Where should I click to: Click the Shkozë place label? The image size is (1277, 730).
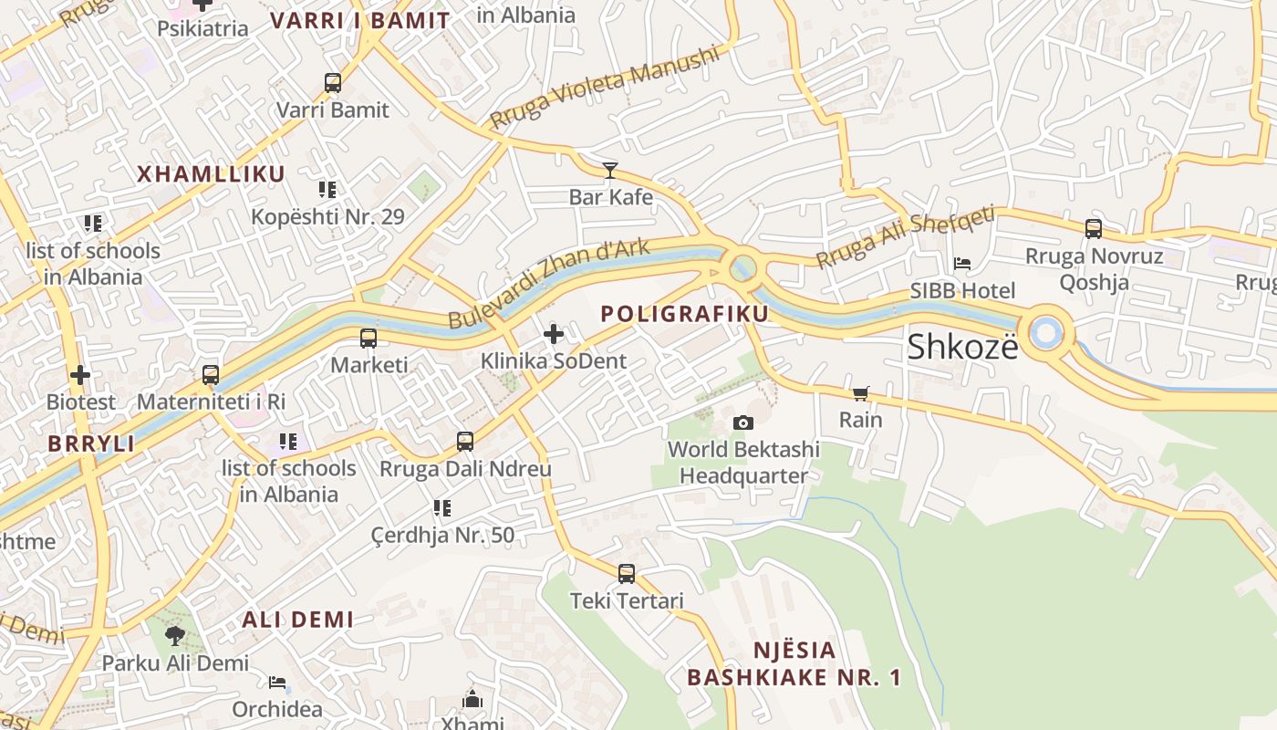point(962,347)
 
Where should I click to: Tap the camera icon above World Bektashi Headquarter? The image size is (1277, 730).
point(743,422)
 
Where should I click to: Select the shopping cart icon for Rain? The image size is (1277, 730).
point(860,393)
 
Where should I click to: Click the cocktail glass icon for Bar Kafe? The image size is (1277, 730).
point(610,170)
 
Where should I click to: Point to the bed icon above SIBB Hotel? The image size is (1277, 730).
point(962,264)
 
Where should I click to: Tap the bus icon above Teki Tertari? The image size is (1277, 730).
point(626,574)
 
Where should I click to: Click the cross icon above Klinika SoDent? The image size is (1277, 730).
point(554,334)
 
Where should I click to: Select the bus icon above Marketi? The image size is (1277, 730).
point(369,339)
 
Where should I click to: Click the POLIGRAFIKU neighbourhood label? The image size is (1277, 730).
point(684,314)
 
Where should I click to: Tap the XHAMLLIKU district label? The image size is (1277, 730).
point(211,174)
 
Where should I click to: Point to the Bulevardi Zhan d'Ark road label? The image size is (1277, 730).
point(549,283)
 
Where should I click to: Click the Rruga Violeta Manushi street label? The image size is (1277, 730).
point(604,88)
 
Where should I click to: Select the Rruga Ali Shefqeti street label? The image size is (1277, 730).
point(904,237)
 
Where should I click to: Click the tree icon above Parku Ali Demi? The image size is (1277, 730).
point(175,635)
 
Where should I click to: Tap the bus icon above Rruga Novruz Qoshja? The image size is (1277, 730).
point(1093,229)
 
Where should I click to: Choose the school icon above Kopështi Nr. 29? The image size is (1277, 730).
point(327,190)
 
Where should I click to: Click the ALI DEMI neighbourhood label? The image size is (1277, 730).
point(297,620)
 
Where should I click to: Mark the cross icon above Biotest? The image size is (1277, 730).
point(80,375)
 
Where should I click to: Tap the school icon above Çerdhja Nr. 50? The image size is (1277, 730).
point(442,508)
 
